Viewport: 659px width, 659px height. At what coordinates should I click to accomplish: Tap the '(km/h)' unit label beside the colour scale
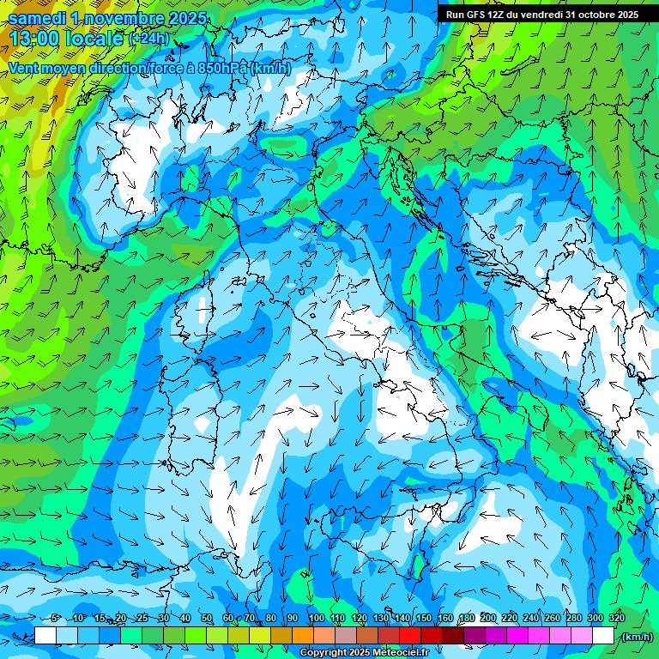click(636, 637)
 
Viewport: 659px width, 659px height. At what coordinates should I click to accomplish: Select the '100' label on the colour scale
click(316, 619)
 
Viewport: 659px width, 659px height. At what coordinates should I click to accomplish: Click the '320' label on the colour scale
click(616, 619)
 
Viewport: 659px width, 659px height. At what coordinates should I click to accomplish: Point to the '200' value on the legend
click(487, 619)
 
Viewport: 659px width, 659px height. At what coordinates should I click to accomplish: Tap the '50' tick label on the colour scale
click(207, 619)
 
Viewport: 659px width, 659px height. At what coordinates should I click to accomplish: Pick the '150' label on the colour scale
click(423, 619)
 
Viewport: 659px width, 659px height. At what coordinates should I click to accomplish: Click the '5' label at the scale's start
click(55, 619)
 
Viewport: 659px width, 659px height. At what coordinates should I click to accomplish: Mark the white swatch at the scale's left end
click(45, 636)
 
